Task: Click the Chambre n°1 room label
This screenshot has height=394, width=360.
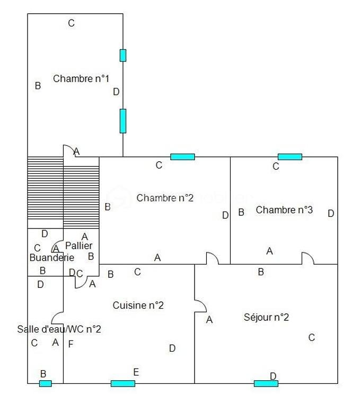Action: tap(81, 78)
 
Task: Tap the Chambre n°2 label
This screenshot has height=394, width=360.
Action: tap(165, 198)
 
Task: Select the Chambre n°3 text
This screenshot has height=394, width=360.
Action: tap(284, 210)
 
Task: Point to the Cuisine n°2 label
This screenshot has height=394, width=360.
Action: tap(138, 305)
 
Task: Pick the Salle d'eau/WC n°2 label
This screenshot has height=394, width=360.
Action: tap(59, 329)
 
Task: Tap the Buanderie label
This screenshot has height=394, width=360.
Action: tap(51, 258)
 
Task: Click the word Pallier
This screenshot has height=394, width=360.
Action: tap(79, 246)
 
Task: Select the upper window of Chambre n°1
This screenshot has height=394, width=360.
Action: tap(123, 55)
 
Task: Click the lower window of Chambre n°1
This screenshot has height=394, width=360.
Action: tap(123, 121)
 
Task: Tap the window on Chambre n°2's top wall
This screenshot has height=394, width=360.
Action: tap(182, 156)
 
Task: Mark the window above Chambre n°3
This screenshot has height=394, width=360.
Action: tap(290, 156)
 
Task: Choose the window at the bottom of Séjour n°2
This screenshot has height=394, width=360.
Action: tap(266, 383)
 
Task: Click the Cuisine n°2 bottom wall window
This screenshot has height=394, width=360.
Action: tap(122, 383)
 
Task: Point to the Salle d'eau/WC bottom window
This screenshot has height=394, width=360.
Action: tap(46, 383)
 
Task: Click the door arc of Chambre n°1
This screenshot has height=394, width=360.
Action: tap(68, 151)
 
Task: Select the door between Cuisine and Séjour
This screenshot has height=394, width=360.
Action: tap(200, 307)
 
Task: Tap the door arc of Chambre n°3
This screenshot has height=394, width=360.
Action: tap(308, 258)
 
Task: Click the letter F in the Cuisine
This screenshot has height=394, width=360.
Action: tap(71, 344)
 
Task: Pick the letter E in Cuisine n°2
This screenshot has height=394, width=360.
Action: tap(136, 372)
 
